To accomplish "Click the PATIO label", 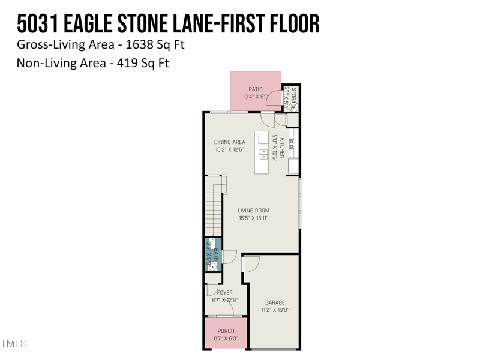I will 256,89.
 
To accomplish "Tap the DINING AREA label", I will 230,142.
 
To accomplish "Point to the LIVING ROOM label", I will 253,211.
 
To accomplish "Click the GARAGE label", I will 275,302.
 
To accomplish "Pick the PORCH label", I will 226,331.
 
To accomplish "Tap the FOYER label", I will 224,293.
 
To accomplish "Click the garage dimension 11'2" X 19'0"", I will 275,310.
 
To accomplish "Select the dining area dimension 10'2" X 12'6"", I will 230,149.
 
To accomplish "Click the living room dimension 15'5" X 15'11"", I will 253,218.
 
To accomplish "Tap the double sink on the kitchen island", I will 263,153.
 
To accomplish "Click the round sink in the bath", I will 212,267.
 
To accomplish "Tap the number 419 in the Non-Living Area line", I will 125,62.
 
